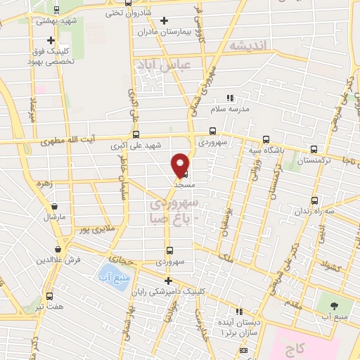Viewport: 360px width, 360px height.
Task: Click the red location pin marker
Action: (x=181, y=164)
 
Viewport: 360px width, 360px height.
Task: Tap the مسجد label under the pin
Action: (x=184, y=182)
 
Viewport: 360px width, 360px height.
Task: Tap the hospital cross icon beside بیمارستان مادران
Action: (x=165, y=20)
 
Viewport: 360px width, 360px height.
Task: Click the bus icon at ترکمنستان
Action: (x=314, y=149)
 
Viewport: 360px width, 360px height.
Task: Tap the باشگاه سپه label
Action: (x=266, y=150)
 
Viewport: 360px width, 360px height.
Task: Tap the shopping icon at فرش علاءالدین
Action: (x=58, y=249)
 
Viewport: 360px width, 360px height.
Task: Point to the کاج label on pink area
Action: (x=292, y=348)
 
